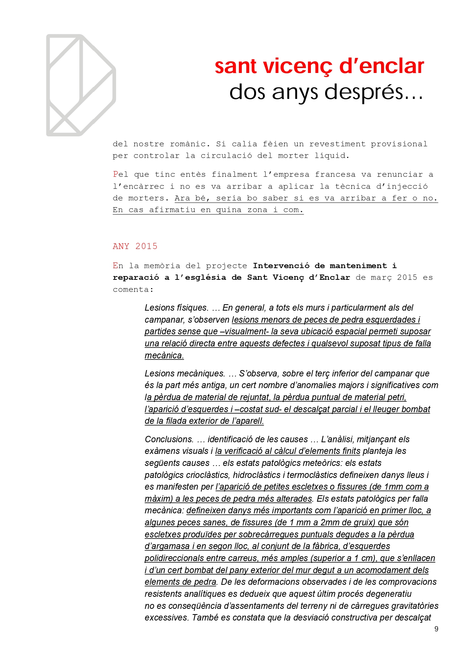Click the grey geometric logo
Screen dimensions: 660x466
click(81, 85)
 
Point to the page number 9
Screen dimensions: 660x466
click(436, 629)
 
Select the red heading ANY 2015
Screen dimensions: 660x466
click(135, 246)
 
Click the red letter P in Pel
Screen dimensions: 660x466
click(116, 174)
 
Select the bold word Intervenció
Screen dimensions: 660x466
click(281, 266)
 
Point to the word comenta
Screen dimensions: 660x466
click(132, 290)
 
